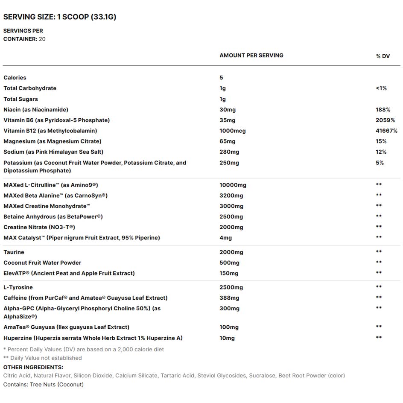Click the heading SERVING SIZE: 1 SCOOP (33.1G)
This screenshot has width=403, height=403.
click(x=60, y=17)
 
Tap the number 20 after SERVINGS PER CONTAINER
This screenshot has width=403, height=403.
click(x=42, y=39)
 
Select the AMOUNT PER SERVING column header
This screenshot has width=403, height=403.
click(x=251, y=55)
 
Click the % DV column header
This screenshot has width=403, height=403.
click(x=383, y=56)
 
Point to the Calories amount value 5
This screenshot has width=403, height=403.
click(x=221, y=78)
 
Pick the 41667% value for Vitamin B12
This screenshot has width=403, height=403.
click(x=386, y=131)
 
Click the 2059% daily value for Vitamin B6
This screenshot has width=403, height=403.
click(x=385, y=120)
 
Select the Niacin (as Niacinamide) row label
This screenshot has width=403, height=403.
click(x=36, y=110)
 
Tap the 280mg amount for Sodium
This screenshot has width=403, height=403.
click(x=229, y=152)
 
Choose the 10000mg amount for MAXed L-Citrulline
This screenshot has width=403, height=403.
click(x=233, y=185)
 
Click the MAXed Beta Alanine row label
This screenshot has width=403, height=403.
click(x=55, y=196)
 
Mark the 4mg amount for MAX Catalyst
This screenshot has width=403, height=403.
click(x=225, y=238)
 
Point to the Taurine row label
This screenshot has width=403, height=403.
click(x=14, y=252)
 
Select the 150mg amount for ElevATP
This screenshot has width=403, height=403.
click(x=229, y=273)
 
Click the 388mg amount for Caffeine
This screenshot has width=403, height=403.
click(x=229, y=298)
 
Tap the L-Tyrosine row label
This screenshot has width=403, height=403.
click(x=18, y=287)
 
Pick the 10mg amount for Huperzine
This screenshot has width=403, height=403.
click(x=227, y=338)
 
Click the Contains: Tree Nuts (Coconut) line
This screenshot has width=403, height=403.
click(x=44, y=385)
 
